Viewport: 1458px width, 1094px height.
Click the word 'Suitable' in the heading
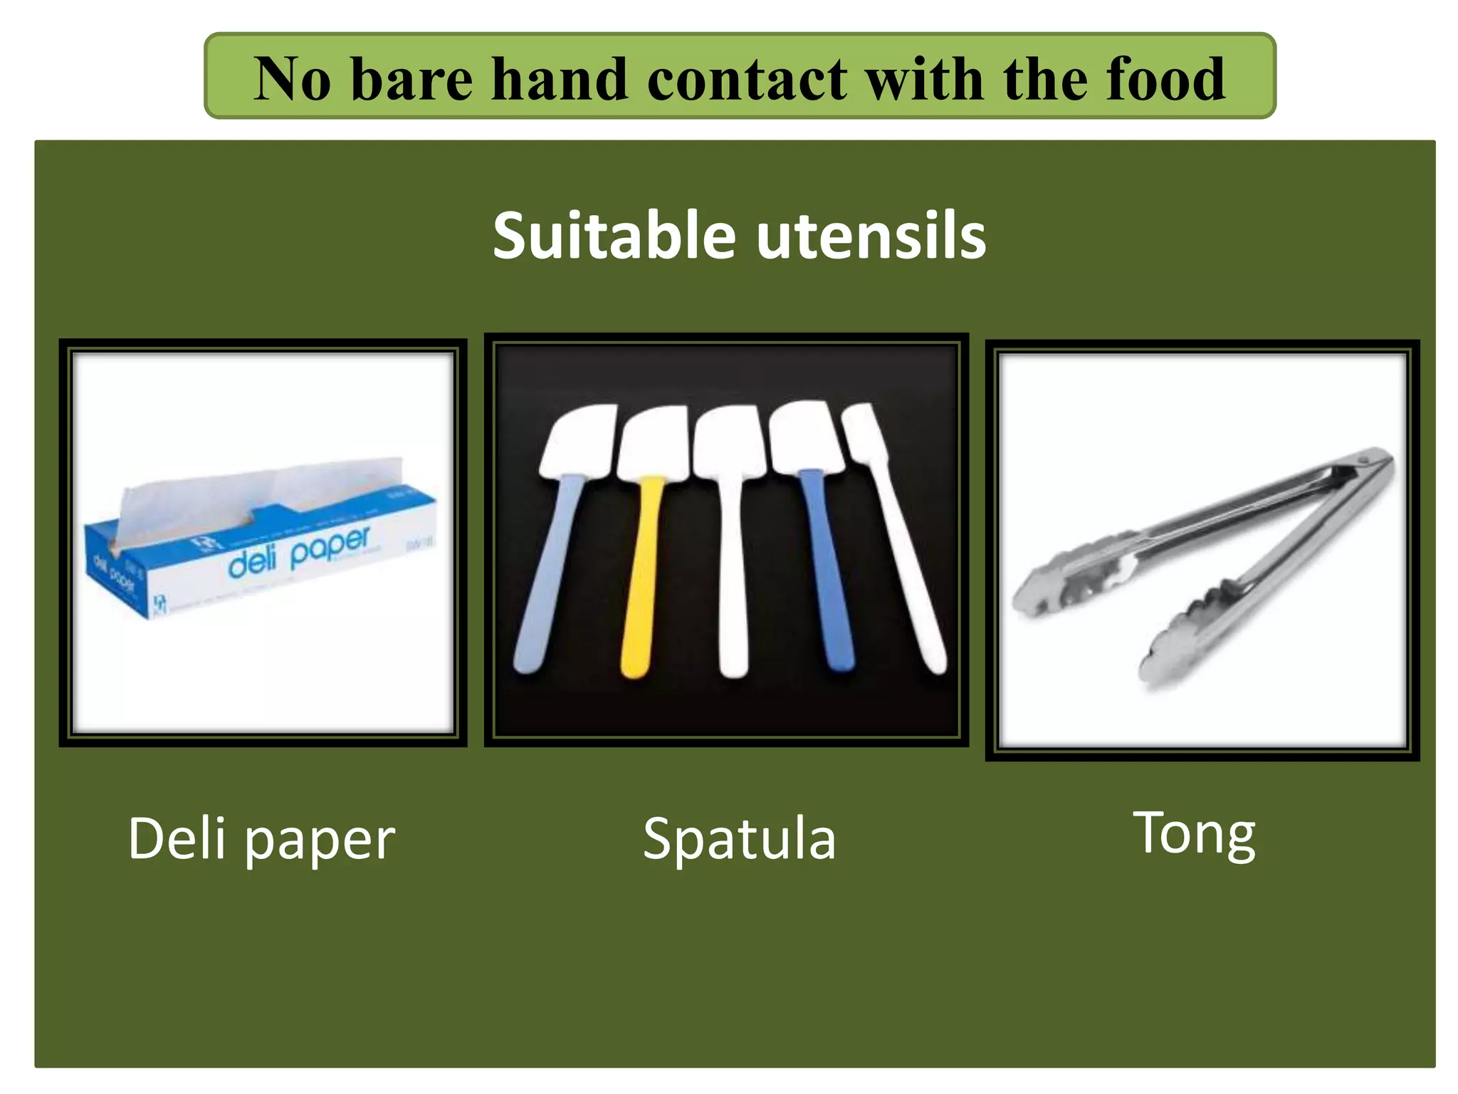pyautogui.click(x=614, y=236)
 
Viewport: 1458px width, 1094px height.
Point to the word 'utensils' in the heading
pyautogui.click(x=871, y=236)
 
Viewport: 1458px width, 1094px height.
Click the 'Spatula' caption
pyautogui.click(x=738, y=839)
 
